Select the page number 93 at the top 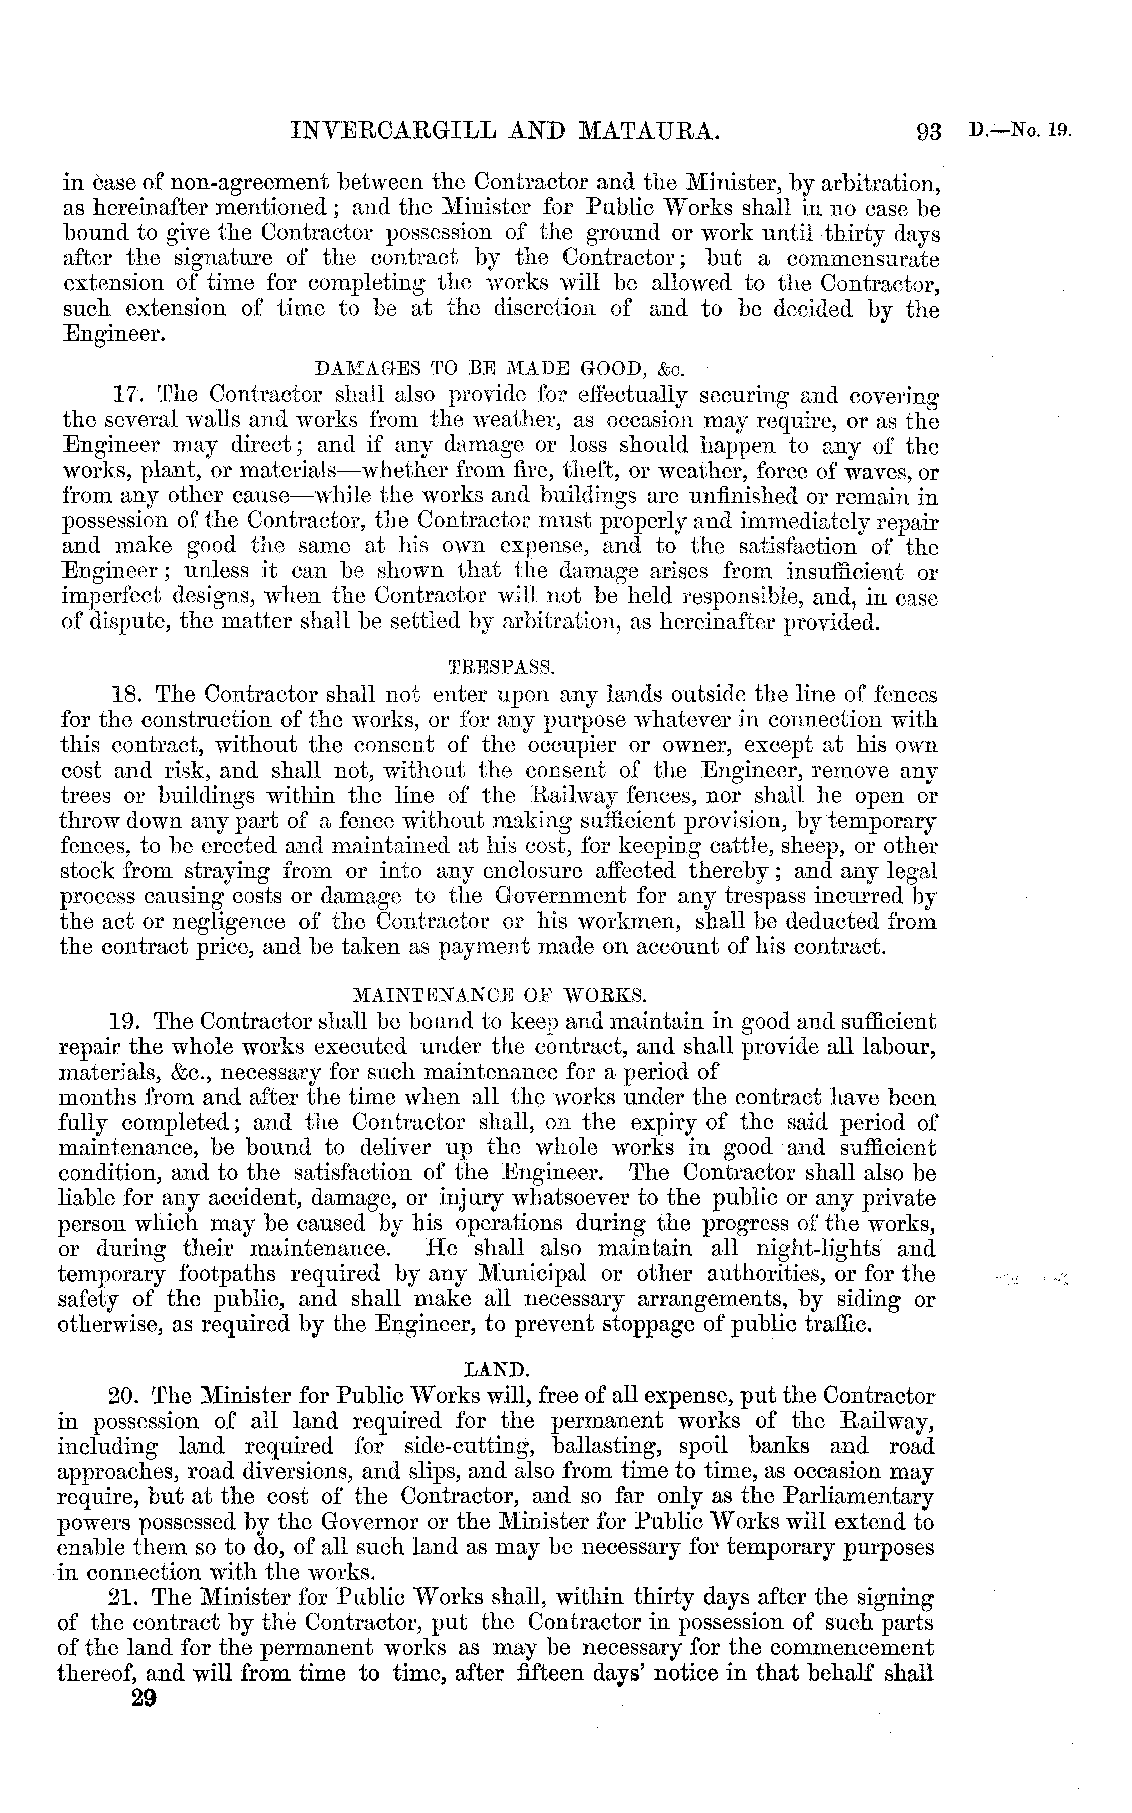click(x=928, y=133)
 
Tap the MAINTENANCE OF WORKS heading click(x=499, y=996)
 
